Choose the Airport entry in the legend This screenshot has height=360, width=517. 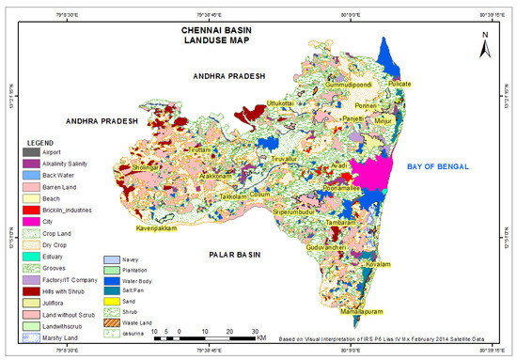tap(55, 151)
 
